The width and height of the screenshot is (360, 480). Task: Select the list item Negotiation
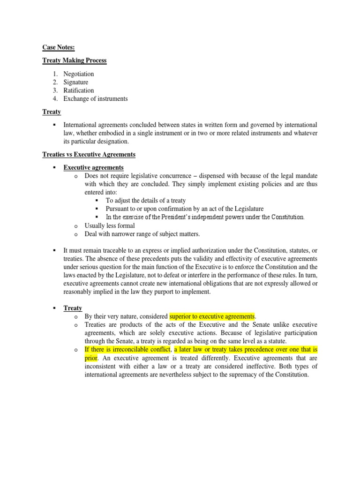pyautogui.click(x=79, y=74)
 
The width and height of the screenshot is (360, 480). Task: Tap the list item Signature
pyautogui.click(x=76, y=82)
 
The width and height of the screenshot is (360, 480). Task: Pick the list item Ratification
pyautogui.click(x=79, y=90)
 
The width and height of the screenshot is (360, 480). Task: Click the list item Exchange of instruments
pyautogui.click(x=96, y=99)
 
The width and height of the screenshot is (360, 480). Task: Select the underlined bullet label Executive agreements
pyautogui.click(x=94, y=167)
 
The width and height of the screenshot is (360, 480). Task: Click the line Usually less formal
pyautogui.click(x=110, y=226)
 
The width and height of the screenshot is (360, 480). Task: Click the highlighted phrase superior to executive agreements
pyautogui.click(x=212, y=316)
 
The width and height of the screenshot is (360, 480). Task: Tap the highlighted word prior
pyautogui.click(x=91, y=358)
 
